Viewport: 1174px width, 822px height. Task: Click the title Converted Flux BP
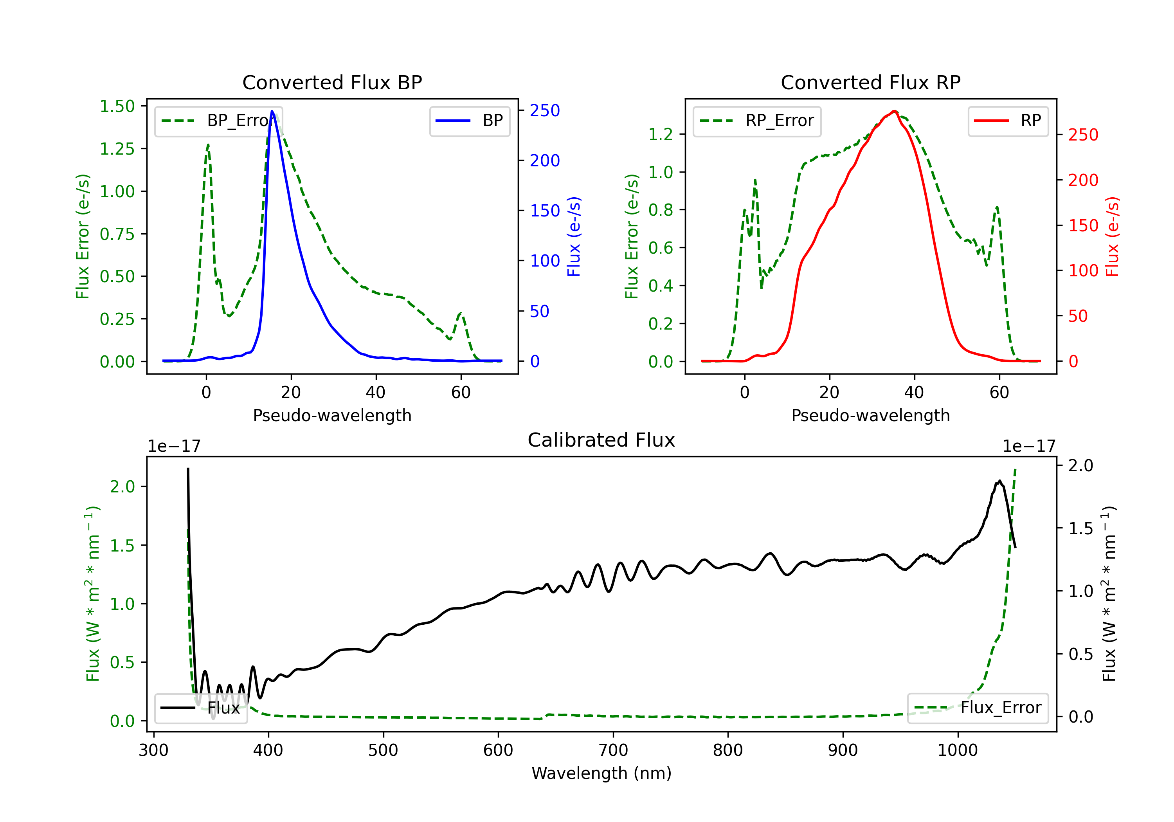click(332, 82)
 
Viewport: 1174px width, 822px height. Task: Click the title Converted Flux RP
click(871, 82)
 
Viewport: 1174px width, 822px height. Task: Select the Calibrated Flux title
click(601, 440)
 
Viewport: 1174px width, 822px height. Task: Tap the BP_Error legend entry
click(218, 121)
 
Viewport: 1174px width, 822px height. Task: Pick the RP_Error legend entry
click(757, 121)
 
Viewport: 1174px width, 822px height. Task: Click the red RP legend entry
click(1008, 121)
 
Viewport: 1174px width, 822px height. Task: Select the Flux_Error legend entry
click(978, 708)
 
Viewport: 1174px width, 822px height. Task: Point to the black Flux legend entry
click(201, 708)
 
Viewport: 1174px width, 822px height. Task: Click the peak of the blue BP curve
click(272, 111)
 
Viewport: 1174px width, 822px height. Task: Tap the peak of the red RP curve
click(894, 111)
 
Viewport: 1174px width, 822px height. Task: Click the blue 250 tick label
click(545, 110)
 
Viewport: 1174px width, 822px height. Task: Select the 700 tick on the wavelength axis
click(613, 750)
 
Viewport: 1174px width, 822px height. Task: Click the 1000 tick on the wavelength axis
click(958, 750)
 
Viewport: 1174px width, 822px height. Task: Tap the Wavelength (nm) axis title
click(601, 773)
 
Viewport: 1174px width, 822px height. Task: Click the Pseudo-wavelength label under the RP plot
click(871, 415)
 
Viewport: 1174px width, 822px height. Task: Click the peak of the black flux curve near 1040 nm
click(999, 481)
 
